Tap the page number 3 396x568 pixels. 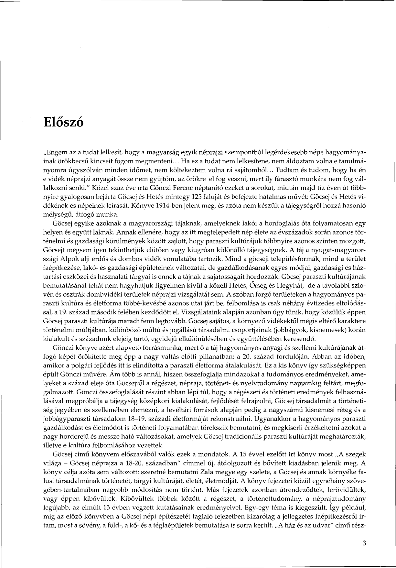pyautogui.click(x=364, y=544)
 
